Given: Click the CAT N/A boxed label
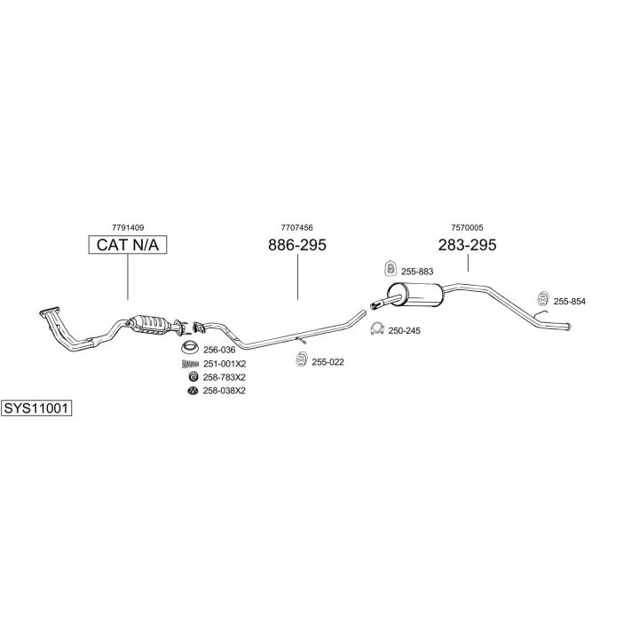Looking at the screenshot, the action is pyautogui.click(x=128, y=245).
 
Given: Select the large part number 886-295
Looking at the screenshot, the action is pyautogui.click(x=297, y=245).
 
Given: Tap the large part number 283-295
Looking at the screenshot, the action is pyautogui.click(x=468, y=245).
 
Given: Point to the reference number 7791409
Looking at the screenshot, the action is pyautogui.click(x=128, y=227).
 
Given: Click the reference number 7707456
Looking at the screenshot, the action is pyautogui.click(x=297, y=227).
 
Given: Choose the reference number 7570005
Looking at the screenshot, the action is pyautogui.click(x=467, y=227).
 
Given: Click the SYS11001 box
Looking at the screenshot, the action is pyautogui.click(x=36, y=408).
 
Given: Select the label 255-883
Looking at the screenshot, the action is pyautogui.click(x=417, y=272).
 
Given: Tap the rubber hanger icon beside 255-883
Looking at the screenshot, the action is pyautogui.click(x=390, y=268).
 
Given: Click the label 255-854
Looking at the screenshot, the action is pyautogui.click(x=569, y=302).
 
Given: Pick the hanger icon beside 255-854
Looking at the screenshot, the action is pyautogui.click(x=543, y=298).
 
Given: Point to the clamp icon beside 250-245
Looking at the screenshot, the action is pyautogui.click(x=377, y=329).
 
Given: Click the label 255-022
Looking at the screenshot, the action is pyautogui.click(x=327, y=362).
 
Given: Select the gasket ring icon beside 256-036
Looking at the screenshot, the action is pyautogui.click(x=190, y=347).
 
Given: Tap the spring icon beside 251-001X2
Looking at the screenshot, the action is pyautogui.click(x=190, y=364).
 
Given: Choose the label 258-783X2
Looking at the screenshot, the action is pyautogui.click(x=225, y=377).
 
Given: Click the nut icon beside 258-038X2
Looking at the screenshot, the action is pyautogui.click(x=193, y=390).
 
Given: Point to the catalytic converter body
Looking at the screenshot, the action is pyautogui.click(x=150, y=324).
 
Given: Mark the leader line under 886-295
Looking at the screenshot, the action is pyautogui.click(x=297, y=277).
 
